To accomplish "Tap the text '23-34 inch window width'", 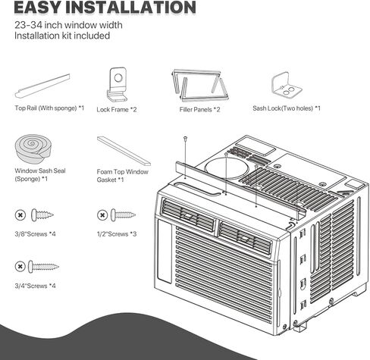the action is pos(68,25).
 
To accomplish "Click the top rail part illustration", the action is pos(42,86).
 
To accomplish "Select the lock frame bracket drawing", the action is pos(117,84).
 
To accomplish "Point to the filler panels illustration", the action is pos(200,86).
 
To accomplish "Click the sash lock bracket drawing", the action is pos(287,85).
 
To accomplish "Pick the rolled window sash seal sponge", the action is pos(33,149).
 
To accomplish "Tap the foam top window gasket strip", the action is pos(124,151).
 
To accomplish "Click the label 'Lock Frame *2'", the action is pos(117,110).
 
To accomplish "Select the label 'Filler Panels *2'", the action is pos(199,110).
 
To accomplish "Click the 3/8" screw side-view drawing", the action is pos(42,215).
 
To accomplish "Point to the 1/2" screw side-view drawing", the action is pos(123,215).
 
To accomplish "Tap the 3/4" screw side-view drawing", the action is pos(43,267).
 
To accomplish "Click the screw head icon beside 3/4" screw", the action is pos(20,267).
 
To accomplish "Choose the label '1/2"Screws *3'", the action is pos(117,234).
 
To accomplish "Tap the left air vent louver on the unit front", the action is pos(188,215).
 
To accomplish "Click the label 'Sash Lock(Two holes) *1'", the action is pos(287,108).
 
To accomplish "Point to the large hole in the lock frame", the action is pos(118,78).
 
